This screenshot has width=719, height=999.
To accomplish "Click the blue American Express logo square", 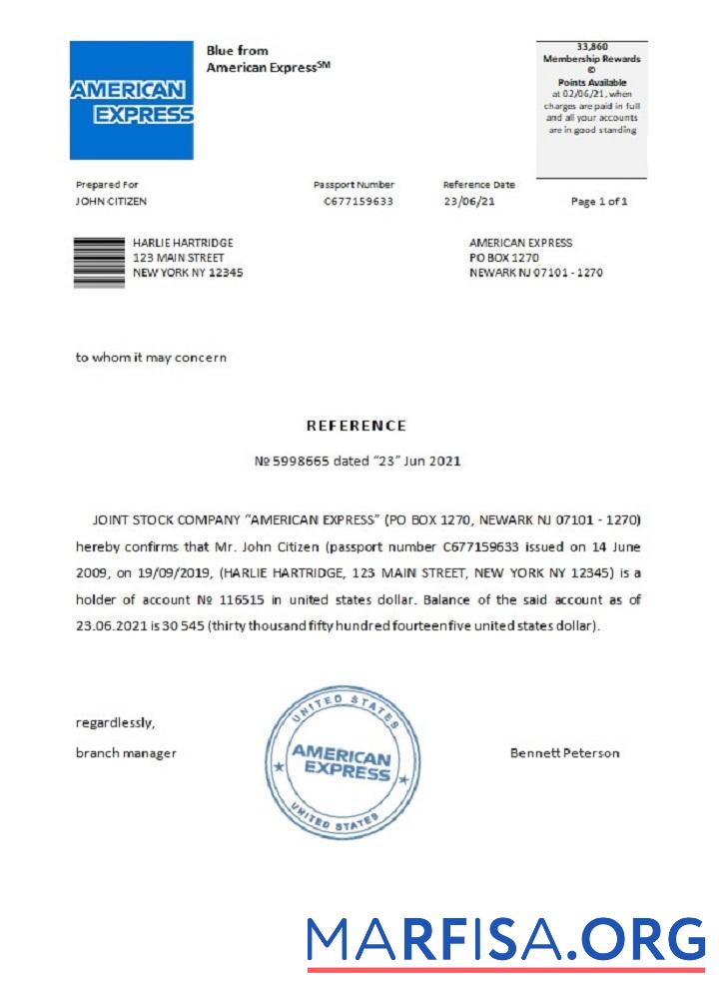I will [131, 100].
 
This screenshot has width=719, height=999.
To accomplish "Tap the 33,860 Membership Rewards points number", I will [592, 47].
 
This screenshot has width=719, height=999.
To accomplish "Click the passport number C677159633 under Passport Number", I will [359, 202].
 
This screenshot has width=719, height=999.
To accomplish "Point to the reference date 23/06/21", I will [468, 202].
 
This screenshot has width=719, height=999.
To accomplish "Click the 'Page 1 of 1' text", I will [599, 202].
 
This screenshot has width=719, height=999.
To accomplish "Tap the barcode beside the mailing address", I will [100, 262].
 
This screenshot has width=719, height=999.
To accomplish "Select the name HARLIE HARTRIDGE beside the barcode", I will [183, 243].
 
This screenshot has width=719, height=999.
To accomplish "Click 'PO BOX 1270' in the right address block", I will [503, 258].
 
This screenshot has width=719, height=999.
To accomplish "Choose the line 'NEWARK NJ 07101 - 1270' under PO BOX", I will [535, 273].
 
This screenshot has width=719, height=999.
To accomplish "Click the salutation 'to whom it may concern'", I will [151, 358].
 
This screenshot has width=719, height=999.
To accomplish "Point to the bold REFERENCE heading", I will [356, 426].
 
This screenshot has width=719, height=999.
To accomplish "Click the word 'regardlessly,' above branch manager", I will [115, 722].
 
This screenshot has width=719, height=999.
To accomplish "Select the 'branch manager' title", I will [126, 753].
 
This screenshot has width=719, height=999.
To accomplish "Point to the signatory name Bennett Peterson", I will [564, 753].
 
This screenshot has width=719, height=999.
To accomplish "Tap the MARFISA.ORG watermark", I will [505, 940].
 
